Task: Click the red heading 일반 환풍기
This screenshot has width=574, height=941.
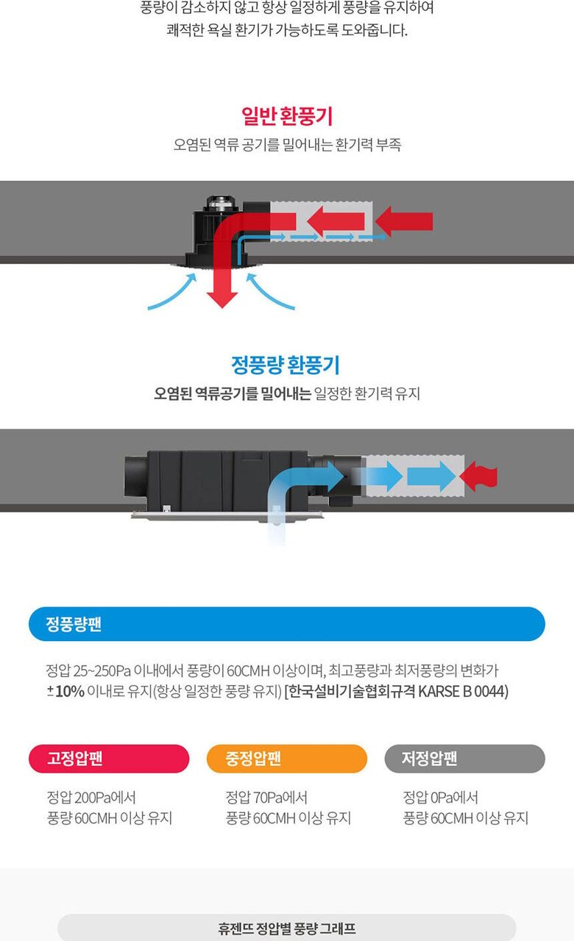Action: point(287,116)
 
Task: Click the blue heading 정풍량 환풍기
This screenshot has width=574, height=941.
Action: point(286,365)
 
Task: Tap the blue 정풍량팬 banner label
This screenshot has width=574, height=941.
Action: point(74,624)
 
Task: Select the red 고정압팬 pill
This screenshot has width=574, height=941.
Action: point(109,758)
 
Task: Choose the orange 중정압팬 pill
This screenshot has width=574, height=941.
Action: point(287,758)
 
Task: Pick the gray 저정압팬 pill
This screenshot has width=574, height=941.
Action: point(464,758)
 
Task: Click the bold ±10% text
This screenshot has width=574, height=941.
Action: point(65,691)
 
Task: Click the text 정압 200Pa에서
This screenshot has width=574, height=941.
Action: point(91,797)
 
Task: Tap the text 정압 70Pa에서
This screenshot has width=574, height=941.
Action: point(266,797)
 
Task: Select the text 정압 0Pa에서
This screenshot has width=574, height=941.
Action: point(441,797)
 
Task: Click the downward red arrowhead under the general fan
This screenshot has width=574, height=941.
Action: point(222,298)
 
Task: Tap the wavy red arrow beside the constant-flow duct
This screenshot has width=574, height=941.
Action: point(478,476)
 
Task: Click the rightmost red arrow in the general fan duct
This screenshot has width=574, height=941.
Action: point(404,221)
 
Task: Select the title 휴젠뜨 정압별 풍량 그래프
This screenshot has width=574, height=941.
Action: point(287,928)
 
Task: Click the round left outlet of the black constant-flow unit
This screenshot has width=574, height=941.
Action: point(136,476)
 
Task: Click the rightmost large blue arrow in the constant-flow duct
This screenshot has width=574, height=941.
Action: point(431,476)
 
